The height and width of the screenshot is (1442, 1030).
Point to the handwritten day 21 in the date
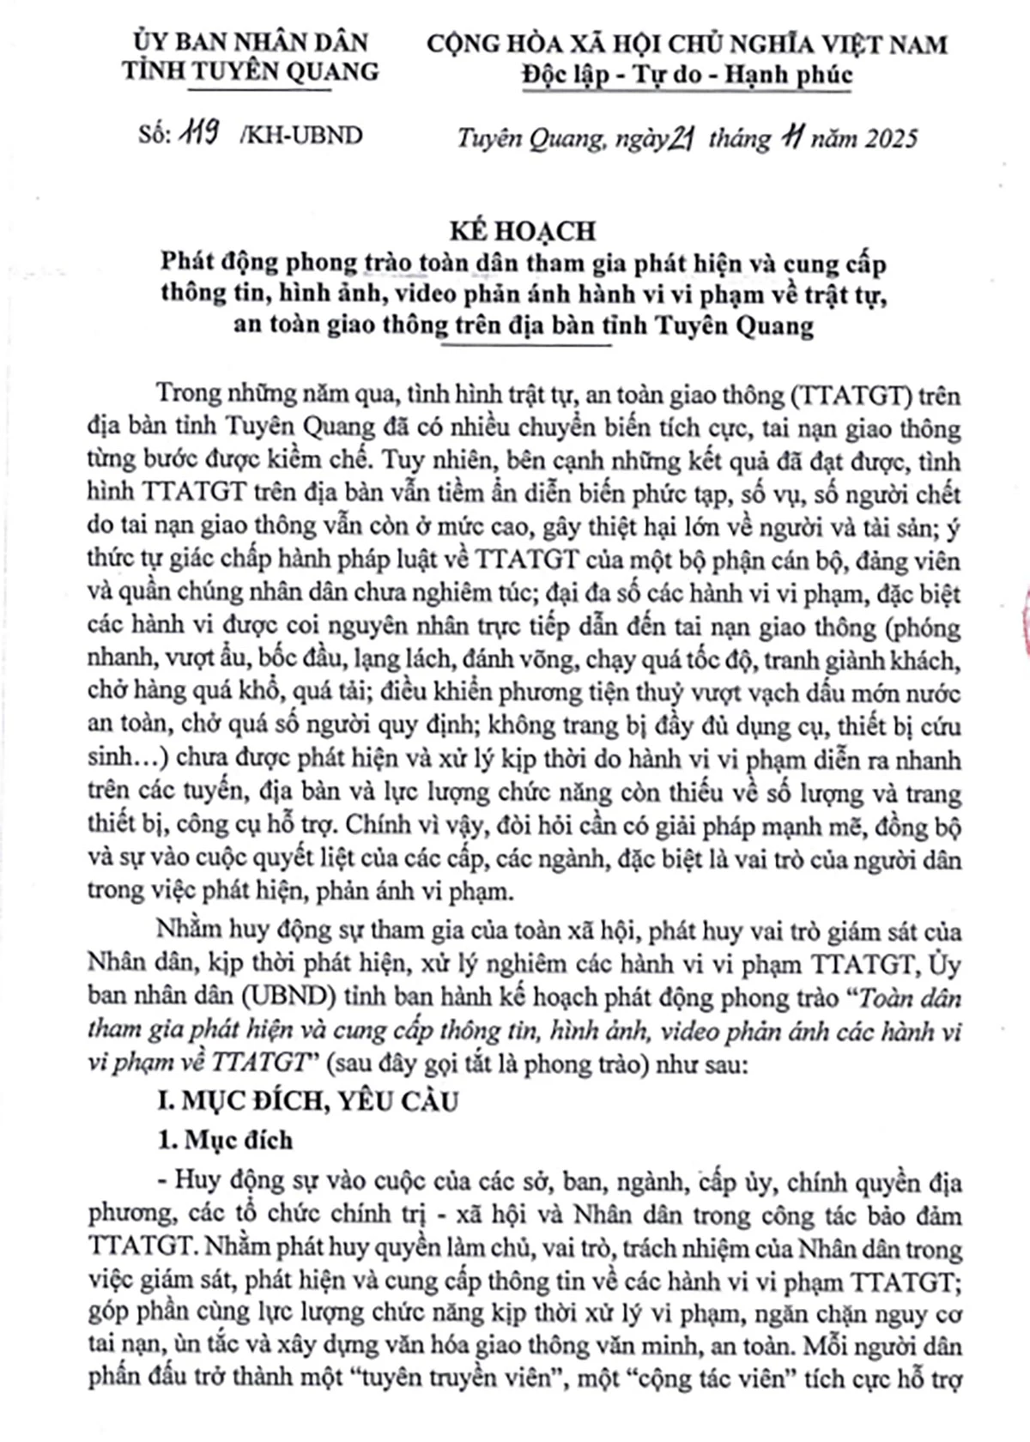click(680, 137)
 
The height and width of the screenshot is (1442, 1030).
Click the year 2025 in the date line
click(885, 138)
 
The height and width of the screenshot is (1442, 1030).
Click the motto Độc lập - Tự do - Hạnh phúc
click(687, 76)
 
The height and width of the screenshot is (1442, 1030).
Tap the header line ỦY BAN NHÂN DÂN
click(251, 41)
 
